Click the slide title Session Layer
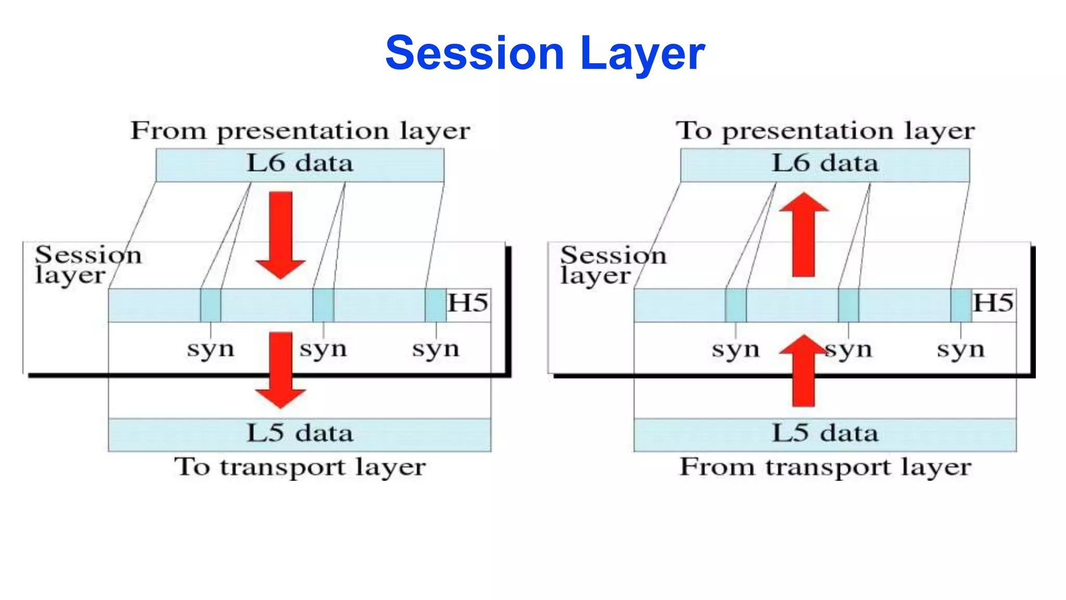(x=544, y=53)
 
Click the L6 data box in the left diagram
(x=300, y=165)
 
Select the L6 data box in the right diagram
(x=824, y=165)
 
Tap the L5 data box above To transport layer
(x=299, y=434)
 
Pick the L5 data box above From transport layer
(x=824, y=434)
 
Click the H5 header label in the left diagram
(x=468, y=304)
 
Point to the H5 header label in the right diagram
(x=993, y=304)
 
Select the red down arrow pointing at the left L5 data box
(x=281, y=370)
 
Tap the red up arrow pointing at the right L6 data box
(x=804, y=234)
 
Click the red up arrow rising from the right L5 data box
(x=804, y=371)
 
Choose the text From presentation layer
(x=300, y=131)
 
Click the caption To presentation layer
(x=825, y=131)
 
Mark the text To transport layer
(x=300, y=467)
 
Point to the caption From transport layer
(x=825, y=467)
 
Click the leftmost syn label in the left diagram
(x=210, y=349)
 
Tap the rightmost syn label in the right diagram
(x=960, y=349)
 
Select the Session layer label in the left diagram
(x=87, y=265)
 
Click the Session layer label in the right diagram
(x=613, y=265)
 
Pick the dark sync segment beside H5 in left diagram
(x=435, y=305)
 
